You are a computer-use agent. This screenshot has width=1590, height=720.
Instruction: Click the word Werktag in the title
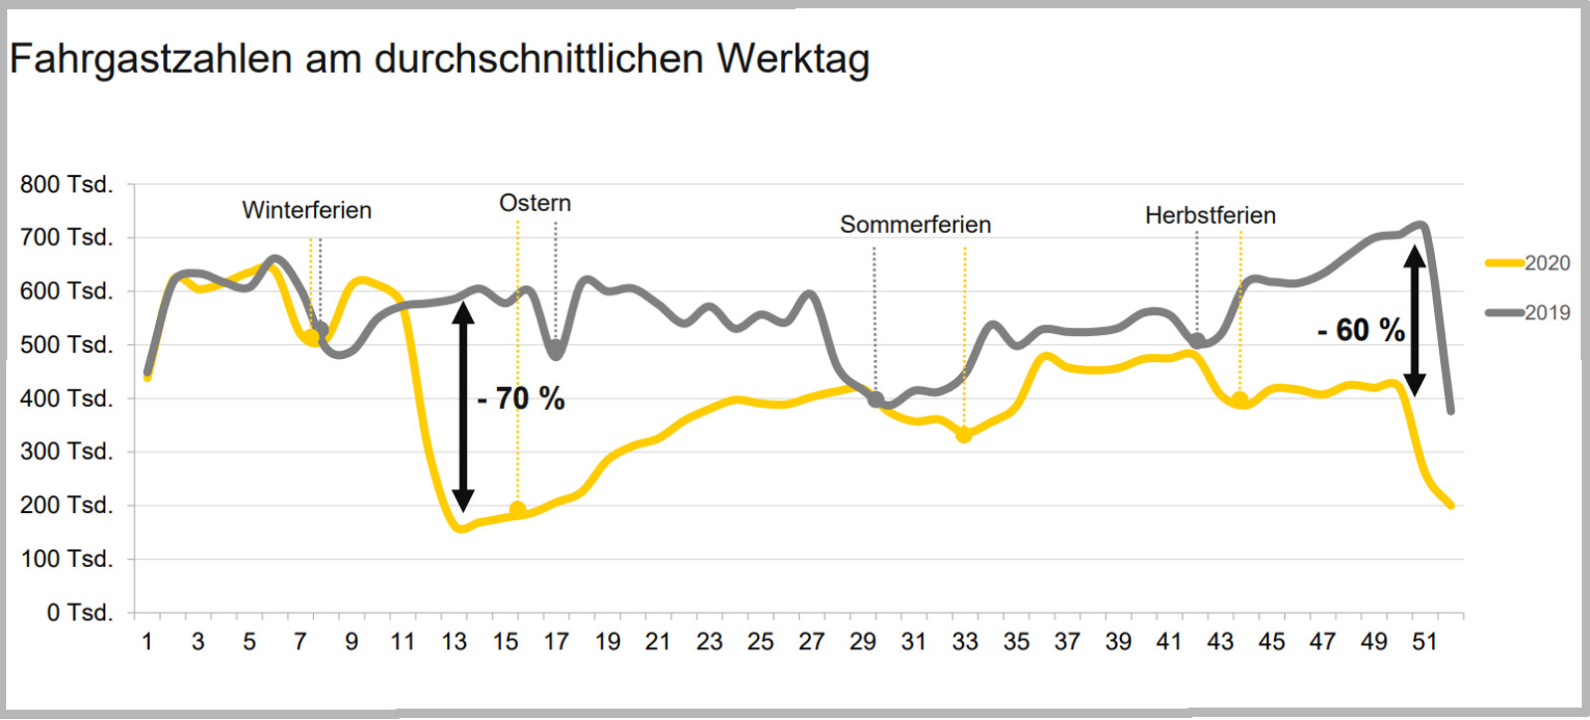pos(793,59)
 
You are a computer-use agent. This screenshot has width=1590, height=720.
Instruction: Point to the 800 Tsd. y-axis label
pos(67,185)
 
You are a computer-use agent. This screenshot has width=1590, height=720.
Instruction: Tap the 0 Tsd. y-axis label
pos(79,613)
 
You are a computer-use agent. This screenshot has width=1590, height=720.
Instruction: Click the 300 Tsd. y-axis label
pos(67,451)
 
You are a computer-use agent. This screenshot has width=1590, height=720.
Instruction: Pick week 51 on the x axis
pos(1425,642)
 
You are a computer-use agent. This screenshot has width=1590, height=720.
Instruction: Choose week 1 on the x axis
pos(147,642)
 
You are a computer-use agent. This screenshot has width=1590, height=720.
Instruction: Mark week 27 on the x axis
pos(811,642)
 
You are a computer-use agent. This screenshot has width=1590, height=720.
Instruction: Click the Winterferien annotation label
pos(306,211)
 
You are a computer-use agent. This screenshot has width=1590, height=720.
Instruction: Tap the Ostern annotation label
pos(535,204)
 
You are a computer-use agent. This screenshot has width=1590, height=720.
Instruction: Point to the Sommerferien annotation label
pos(915,225)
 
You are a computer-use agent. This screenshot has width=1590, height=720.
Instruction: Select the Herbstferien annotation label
pos(1209,216)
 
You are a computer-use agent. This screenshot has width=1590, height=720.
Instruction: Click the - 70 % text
pos(521,400)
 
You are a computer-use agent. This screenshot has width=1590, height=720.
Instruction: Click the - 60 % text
pos(1360,330)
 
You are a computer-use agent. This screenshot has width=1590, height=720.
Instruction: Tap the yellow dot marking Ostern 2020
pos(518,509)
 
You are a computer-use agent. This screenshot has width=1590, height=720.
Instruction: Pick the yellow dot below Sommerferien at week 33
pos(964,435)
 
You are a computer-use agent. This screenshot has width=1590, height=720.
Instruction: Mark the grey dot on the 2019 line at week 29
pos(875,400)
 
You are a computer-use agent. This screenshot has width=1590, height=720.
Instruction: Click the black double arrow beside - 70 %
pos(463,406)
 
